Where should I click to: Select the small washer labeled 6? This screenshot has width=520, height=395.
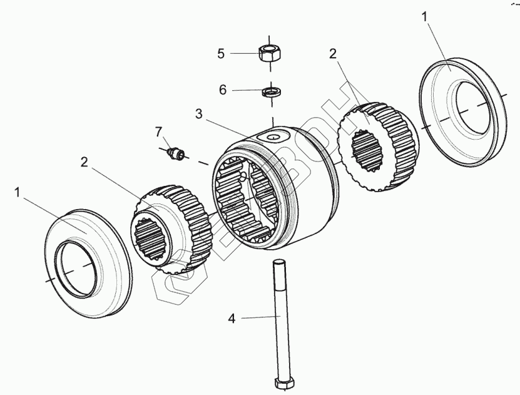click(270, 92)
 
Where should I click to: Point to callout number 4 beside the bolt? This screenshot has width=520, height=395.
click(232, 319)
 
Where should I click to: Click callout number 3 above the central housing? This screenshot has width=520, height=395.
click(199, 114)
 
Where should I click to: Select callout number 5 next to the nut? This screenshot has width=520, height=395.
click(221, 53)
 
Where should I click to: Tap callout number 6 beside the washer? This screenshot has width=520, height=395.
click(223, 90)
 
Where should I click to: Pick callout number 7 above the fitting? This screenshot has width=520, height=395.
click(159, 131)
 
